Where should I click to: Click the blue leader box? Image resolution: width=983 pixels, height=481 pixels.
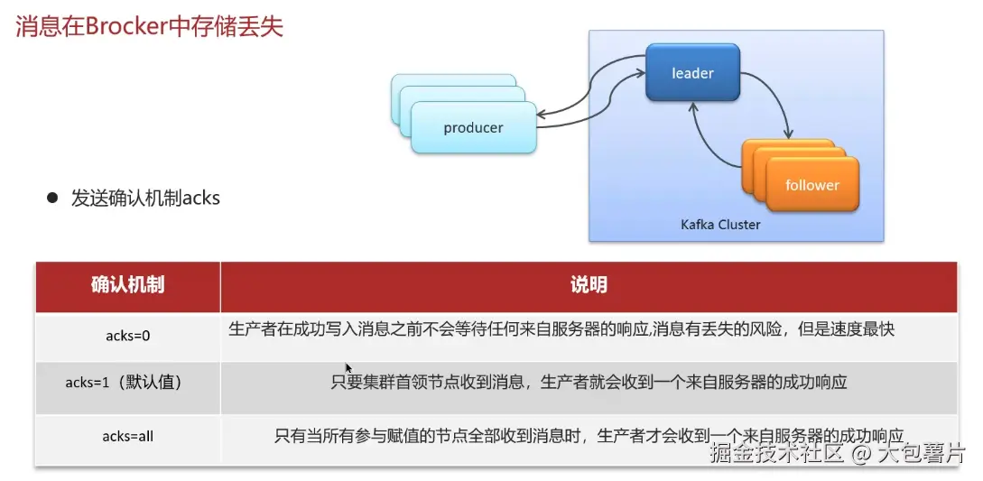click(692, 73)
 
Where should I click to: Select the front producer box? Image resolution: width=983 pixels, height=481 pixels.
click(473, 128)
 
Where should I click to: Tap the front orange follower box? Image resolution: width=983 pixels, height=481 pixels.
click(812, 185)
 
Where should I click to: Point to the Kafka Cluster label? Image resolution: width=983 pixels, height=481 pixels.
click(720, 224)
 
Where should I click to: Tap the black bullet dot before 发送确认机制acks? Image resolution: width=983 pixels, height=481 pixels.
click(52, 197)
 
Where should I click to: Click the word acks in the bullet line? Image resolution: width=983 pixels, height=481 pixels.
click(200, 198)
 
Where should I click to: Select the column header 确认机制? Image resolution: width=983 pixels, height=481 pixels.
click(127, 285)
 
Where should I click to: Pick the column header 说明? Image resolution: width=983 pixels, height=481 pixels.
click(588, 285)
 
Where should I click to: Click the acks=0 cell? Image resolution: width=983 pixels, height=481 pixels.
click(127, 336)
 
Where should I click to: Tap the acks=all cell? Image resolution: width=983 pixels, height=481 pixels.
click(127, 436)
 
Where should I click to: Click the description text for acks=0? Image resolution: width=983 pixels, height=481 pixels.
click(561, 329)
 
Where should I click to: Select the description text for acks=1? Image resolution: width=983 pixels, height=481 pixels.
click(589, 383)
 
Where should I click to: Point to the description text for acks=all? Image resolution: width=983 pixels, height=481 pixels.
click(589, 436)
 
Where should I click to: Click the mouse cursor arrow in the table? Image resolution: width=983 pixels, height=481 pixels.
click(348, 367)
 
